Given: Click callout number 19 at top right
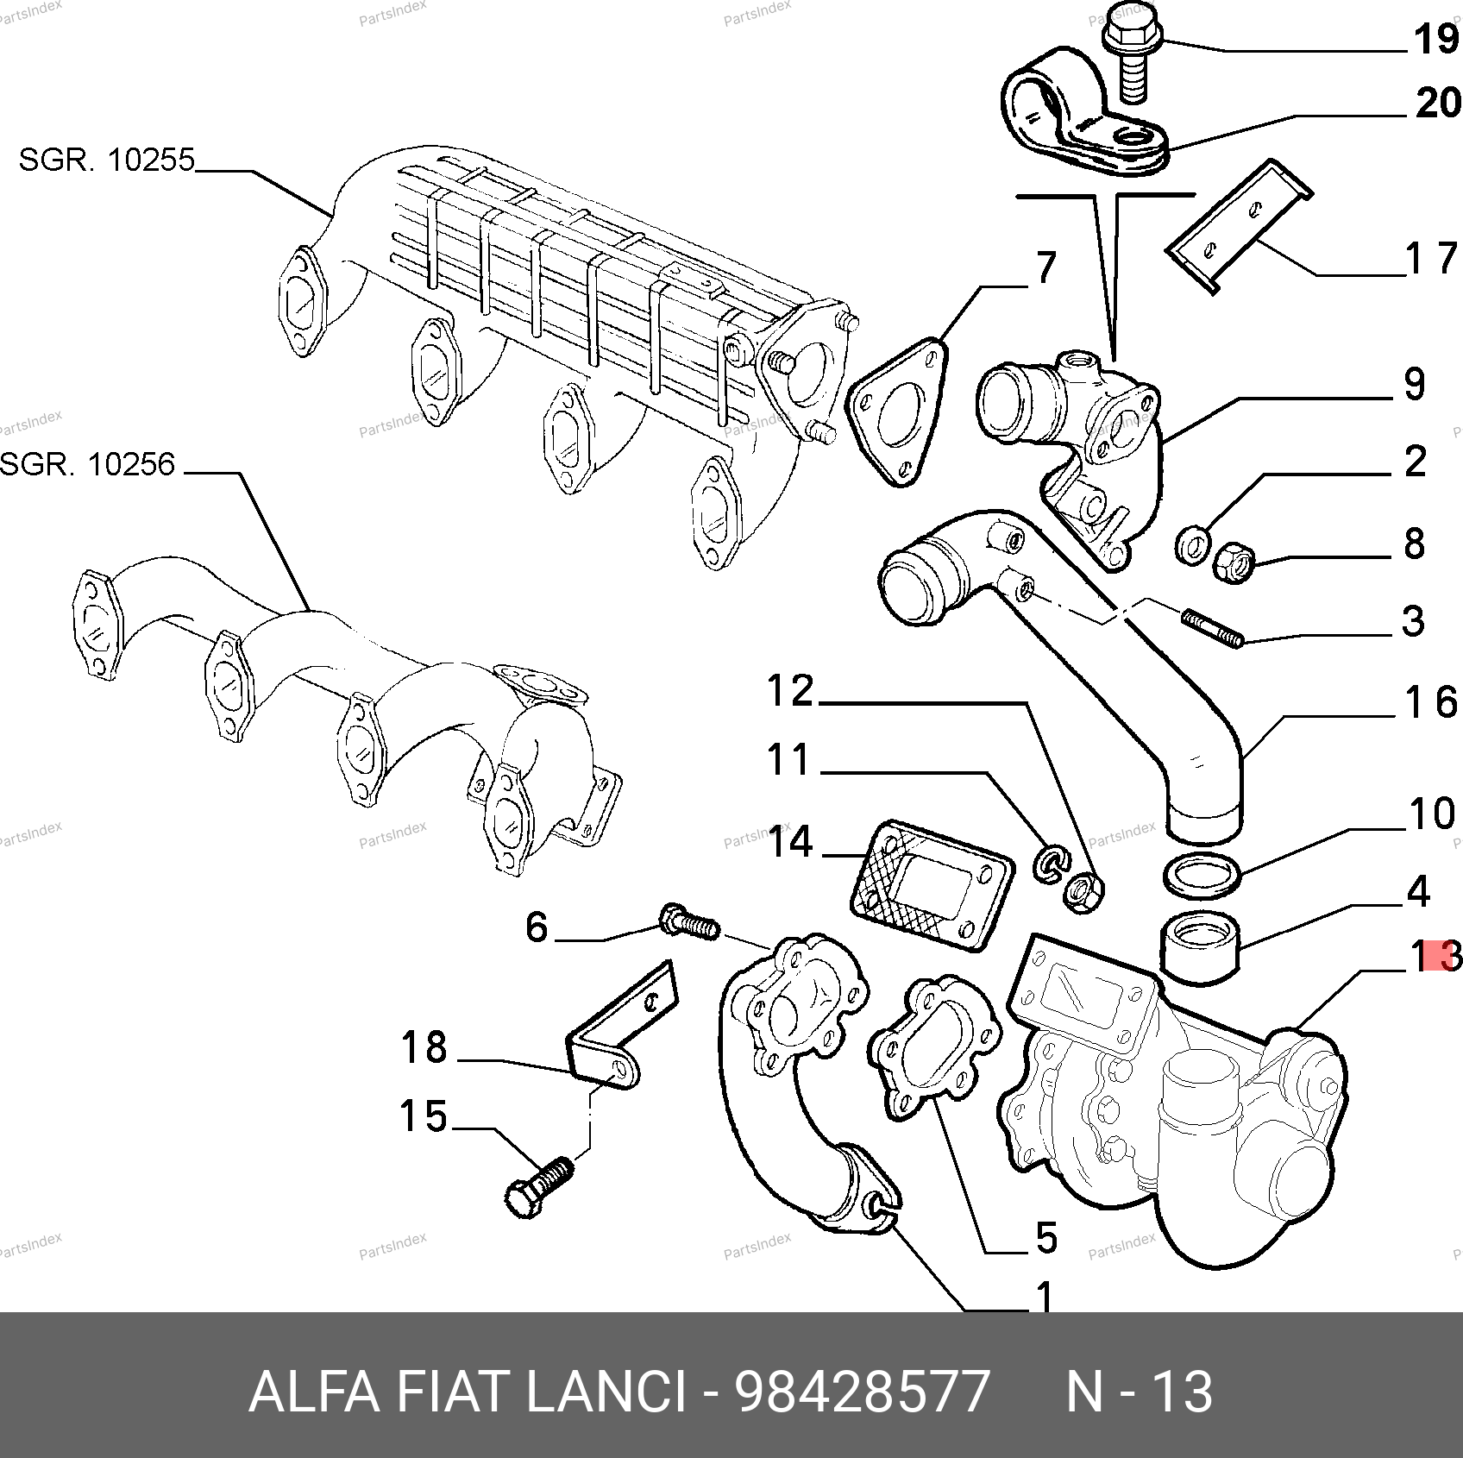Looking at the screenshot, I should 1435,40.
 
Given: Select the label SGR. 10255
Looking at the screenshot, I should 107,160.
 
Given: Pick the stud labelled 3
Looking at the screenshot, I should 1212,628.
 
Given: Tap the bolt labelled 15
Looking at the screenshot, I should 538,1187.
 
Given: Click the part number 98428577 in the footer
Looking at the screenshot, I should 861,1392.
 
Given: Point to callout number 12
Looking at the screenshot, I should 790,691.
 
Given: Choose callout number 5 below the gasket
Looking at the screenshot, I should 1045,1238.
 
